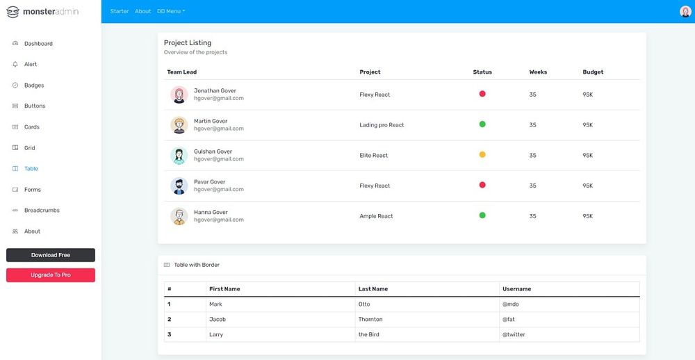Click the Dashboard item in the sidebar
tap(38, 44)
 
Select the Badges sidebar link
tap(33, 85)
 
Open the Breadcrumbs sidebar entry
tap(41, 211)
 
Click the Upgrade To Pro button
tap(51, 275)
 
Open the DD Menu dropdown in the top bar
tap(171, 12)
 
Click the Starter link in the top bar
tap(120, 12)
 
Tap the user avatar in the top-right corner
tap(685, 11)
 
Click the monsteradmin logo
tap(46, 12)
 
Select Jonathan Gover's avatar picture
tap(179, 95)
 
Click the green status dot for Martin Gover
tap(482, 124)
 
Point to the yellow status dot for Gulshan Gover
tap(482, 155)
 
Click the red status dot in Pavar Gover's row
tap(482, 185)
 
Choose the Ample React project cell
tap(377, 216)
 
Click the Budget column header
tap(593, 72)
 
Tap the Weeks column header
tap(538, 72)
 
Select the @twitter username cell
tap(514, 334)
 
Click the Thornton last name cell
tap(370, 319)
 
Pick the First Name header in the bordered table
tap(224, 289)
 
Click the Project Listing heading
tap(188, 43)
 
